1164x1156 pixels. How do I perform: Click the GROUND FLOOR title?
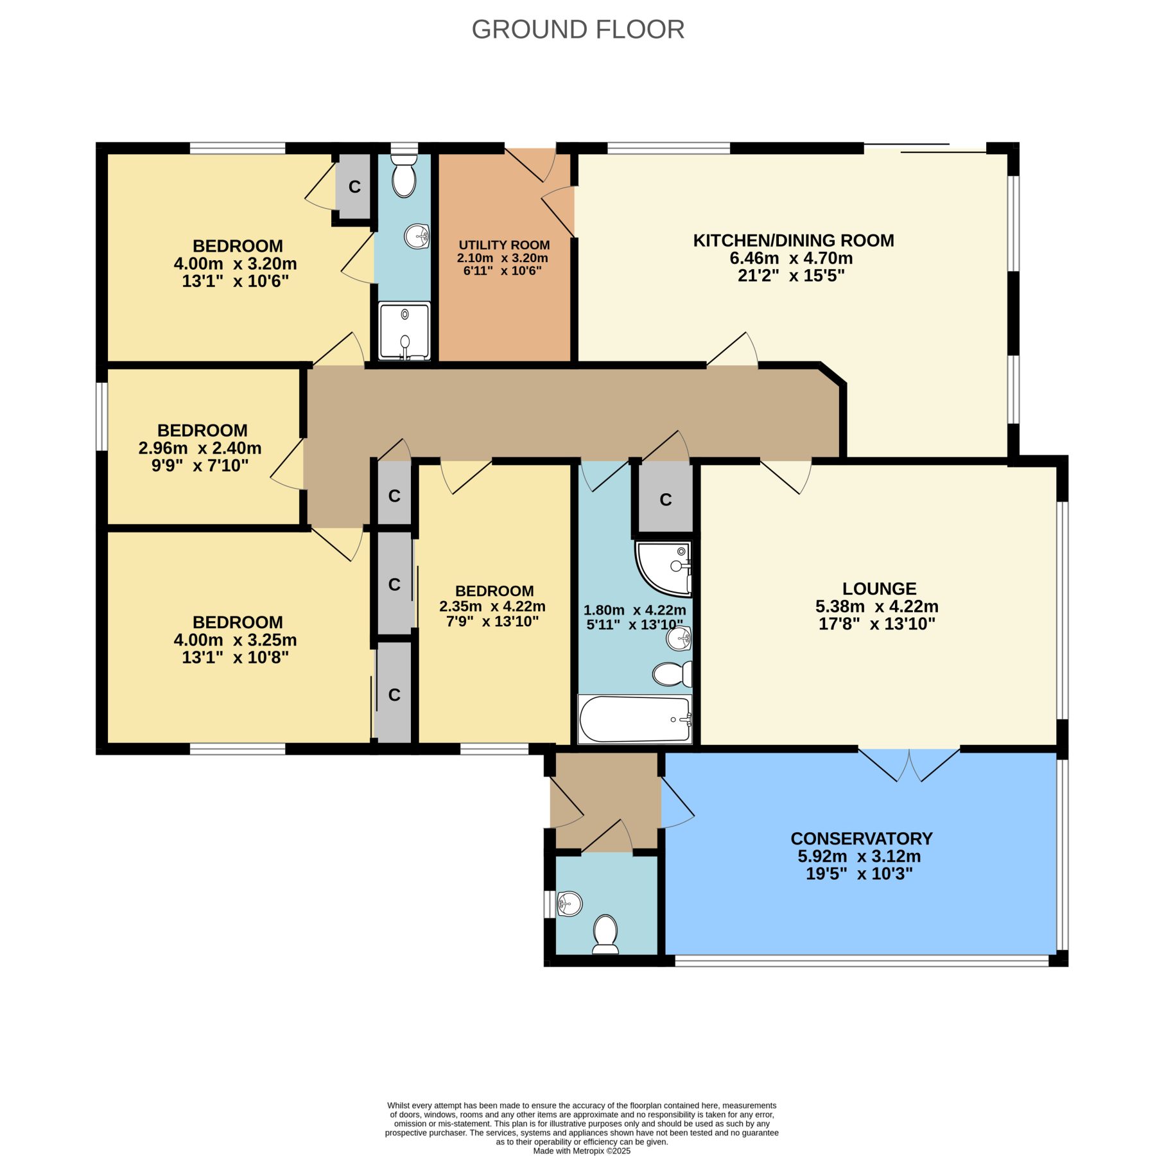point(578,30)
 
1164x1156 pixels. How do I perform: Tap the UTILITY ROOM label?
point(504,245)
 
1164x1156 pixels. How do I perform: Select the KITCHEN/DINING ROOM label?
point(794,240)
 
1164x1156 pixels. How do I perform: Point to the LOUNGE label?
point(879,588)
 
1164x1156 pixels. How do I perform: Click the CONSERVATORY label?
point(862,838)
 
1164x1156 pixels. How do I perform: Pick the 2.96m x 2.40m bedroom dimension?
point(200,448)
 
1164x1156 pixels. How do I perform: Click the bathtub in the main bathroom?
point(635,719)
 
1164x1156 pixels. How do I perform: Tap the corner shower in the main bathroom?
point(664,568)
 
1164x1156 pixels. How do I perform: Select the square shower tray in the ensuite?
point(404,331)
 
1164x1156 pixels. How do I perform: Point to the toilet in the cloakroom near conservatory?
point(605,934)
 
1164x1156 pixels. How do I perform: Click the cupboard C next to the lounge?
point(666,500)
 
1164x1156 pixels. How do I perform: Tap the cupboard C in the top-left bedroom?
point(354,186)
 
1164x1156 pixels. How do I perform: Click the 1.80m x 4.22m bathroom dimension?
point(634,609)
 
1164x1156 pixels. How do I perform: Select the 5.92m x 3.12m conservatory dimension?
point(859,856)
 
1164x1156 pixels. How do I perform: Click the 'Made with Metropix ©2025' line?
point(582,1151)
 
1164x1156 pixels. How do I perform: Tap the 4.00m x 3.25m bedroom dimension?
point(235,640)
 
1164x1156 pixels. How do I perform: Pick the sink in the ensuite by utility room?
point(417,236)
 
